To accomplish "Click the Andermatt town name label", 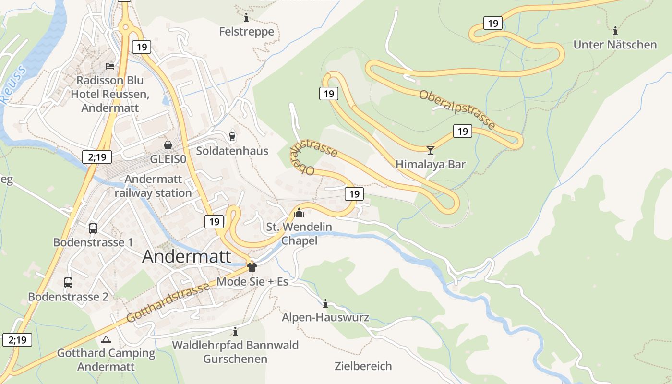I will pyautogui.click(x=187, y=256).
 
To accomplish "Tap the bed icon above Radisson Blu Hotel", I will pyautogui.click(x=110, y=66).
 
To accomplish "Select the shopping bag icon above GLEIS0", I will pyautogui.click(x=168, y=144).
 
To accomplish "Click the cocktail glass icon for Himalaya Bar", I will pyautogui.click(x=430, y=150).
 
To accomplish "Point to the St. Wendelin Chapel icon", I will pyautogui.click(x=299, y=212).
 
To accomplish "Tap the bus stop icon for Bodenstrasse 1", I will pyautogui.click(x=93, y=228).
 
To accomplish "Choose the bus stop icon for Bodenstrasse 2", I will pyautogui.click(x=68, y=283).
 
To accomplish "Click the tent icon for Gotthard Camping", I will pyautogui.click(x=106, y=339).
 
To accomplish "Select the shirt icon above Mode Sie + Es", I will pyautogui.click(x=252, y=267).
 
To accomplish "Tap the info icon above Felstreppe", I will pyautogui.click(x=246, y=18).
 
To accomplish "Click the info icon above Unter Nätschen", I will pyautogui.click(x=615, y=31).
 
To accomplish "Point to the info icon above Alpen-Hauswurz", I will pyautogui.click(x=325, y=303).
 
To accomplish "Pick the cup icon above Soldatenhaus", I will pyautogui.click(x=232, y=137).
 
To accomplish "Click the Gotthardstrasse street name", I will pyautogui.click(x=168, y=302).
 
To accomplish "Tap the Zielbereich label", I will pyautogui.click(x=363, y=366).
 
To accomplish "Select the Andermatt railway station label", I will pyautogui.click(x=153, y=186).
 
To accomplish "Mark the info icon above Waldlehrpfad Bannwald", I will pyautogui.click(x=235, y=331).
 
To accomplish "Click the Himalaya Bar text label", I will pyautogui.click(x=430, y=164).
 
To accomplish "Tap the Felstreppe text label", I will pyautogui.click(x=246, y=32).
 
